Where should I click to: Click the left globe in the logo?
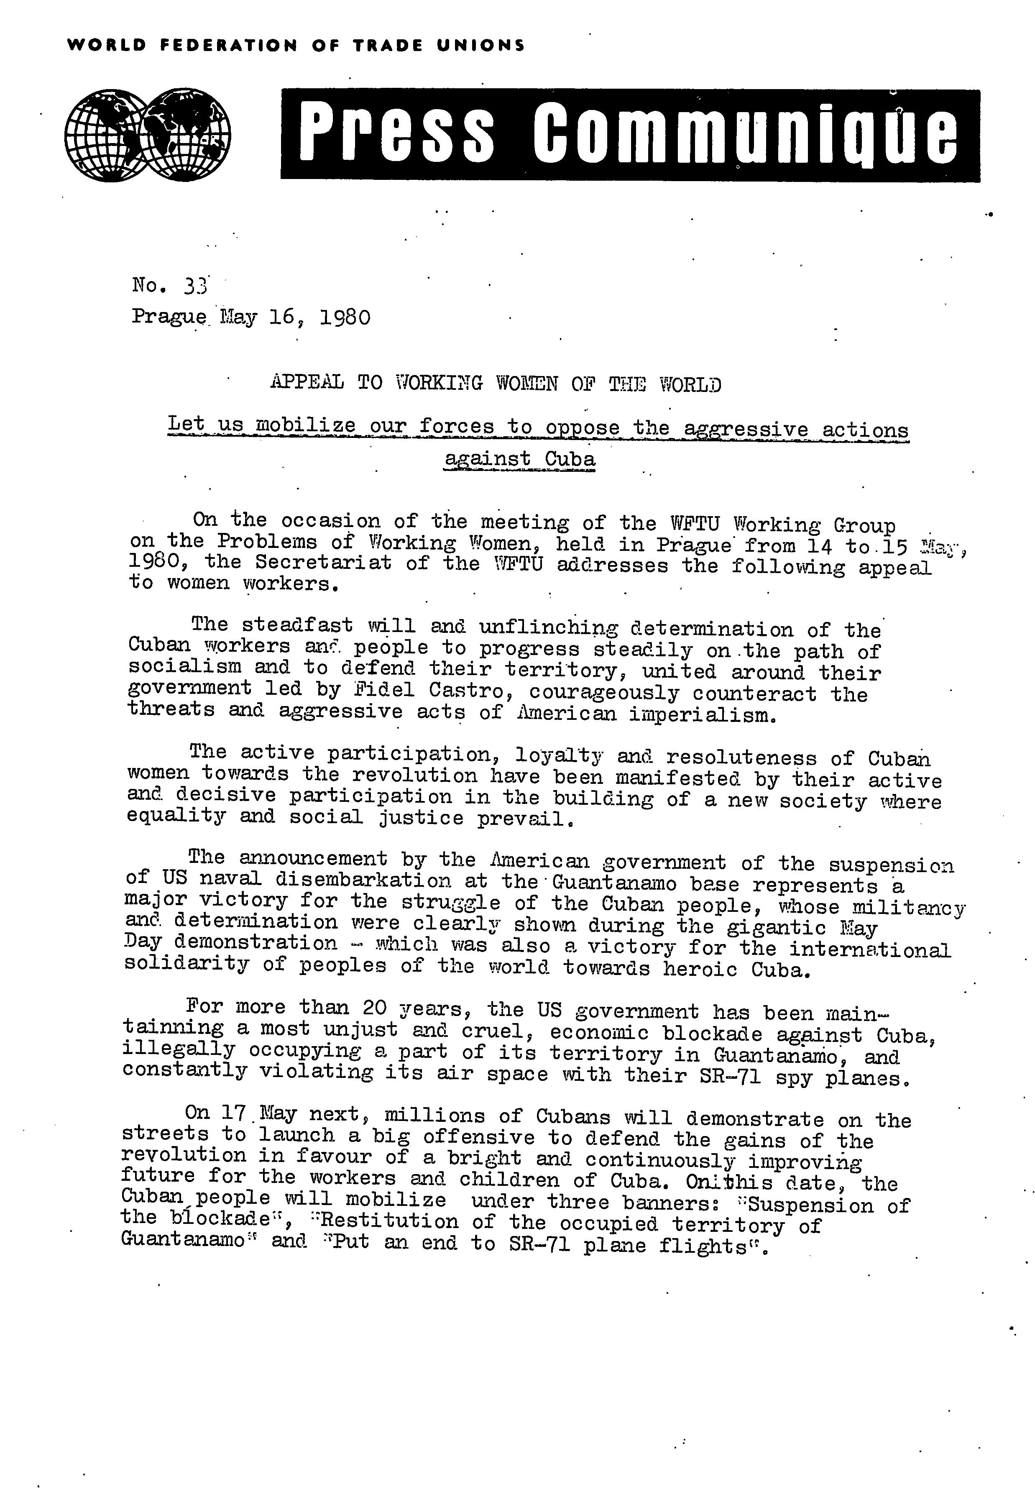(x=107, y=135)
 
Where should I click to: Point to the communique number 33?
(x=195, y=285)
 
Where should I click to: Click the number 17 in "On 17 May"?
(x=232, y=1113)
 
